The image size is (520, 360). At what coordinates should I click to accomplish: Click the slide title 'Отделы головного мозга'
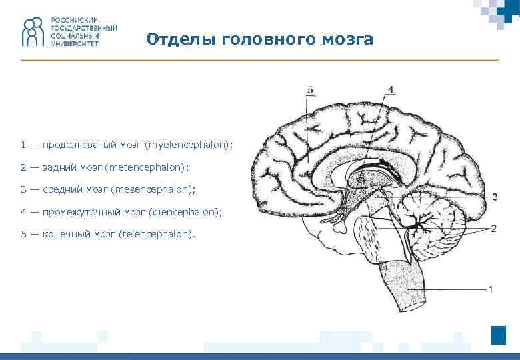click(259, 39)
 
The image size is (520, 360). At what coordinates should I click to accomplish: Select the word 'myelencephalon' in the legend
click(189, 144)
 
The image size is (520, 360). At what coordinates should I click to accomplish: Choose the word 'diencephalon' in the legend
click(184, 212)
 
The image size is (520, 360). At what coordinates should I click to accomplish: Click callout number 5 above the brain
click(310, 89)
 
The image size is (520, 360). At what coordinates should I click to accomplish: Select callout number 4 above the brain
click(390, 89)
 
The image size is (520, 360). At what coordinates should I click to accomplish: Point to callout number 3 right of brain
click(495, 197)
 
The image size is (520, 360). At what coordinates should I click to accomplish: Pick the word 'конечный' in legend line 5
click(63, 234)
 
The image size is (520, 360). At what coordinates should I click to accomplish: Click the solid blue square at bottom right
click(498, 335)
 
